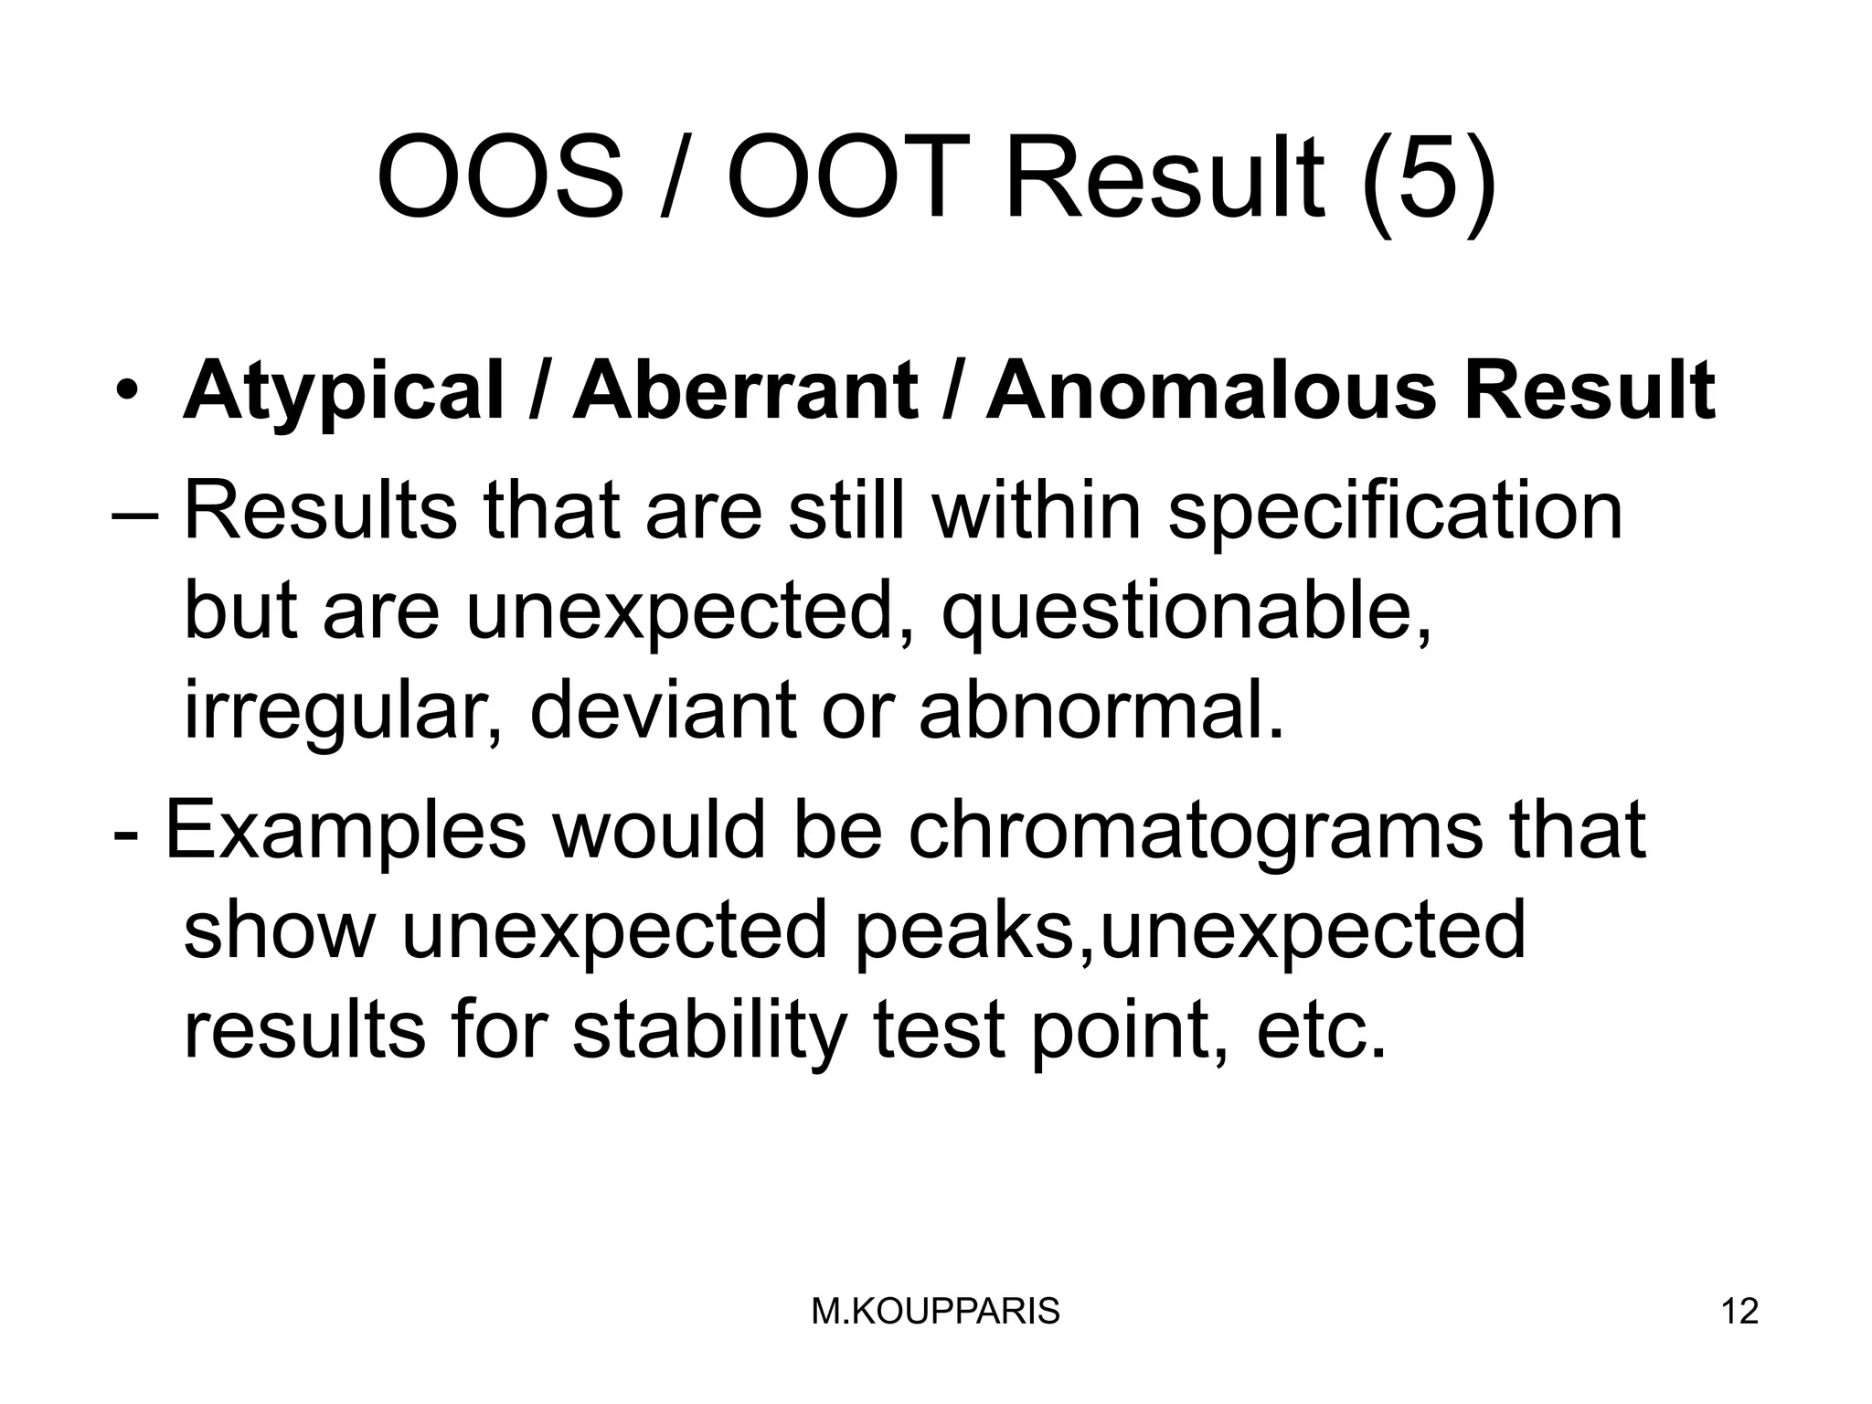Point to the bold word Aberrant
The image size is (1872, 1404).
745,390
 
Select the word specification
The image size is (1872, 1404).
1396,513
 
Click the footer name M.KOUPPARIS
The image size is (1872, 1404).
935,1312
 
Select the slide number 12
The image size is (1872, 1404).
1739,1312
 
